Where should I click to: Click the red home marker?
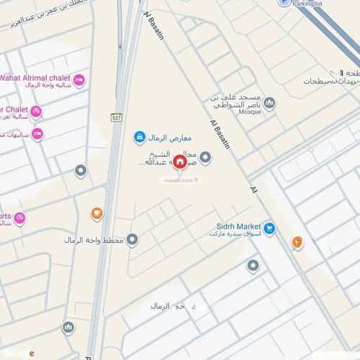[x=179, y=163]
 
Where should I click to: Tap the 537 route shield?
[x=116, y=117]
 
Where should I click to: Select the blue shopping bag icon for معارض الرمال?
[x=139, y=137]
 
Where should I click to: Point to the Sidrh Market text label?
[x=238, y=226]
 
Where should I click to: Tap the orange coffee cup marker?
[x=96, y=213]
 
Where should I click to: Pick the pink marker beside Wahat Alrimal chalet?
[x=78, y=80]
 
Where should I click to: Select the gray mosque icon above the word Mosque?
[x=269, y=103]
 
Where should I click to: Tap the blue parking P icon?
[x=285, y=3]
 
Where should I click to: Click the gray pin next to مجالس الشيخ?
[x=205, y=157]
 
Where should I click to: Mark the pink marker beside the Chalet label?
[x=35, y=112]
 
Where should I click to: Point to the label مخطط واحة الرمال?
[x=94, y=240]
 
